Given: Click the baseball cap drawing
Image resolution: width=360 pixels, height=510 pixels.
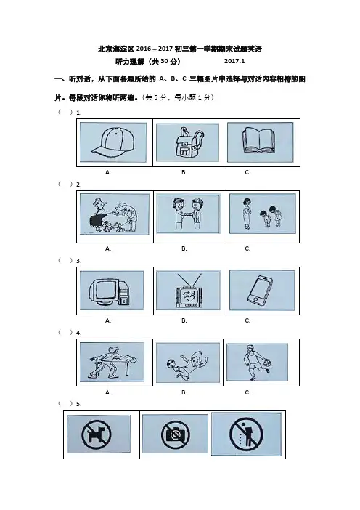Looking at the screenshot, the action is (112, 142).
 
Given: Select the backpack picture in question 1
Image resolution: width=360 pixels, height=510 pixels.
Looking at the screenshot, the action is (189, 142).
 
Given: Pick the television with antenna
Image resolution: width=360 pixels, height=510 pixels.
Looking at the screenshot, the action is (189, 290).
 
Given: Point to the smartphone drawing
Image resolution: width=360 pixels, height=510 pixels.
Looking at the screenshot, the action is (260, 291).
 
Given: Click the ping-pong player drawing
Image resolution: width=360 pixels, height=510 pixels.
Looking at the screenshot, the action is (112, 362).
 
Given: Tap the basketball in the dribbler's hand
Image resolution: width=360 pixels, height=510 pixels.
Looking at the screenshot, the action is (266, 363).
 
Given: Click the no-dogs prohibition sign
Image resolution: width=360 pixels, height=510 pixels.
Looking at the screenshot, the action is (97, 434).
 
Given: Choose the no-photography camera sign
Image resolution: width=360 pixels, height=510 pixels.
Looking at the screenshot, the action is (176, 434).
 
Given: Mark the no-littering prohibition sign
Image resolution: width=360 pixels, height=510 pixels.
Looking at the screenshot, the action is (246, 434).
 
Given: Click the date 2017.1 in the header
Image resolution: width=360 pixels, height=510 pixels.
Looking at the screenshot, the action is (234, 61).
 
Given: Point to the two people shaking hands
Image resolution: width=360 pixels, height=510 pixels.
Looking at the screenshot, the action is (188, 214).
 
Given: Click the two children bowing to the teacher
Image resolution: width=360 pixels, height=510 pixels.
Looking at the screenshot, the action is (270, 215).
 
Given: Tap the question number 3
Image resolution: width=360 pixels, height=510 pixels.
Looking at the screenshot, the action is (78, 261).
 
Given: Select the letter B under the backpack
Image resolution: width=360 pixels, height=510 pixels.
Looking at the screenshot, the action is (184, 172).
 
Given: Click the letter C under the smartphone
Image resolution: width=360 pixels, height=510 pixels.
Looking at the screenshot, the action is (247, 320).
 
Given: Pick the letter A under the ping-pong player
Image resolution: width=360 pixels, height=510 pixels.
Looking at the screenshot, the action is (108, 392).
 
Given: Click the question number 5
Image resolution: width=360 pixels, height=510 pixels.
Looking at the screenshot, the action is (78, 404).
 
